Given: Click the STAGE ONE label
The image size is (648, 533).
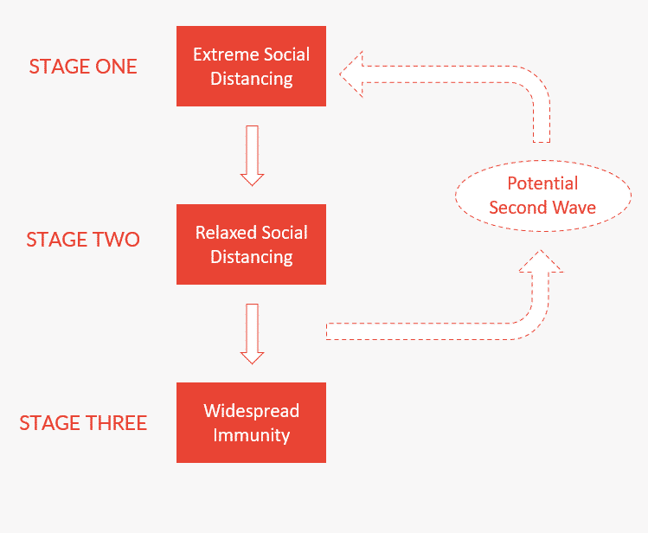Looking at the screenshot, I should pyautogui.click(x=83, y=67).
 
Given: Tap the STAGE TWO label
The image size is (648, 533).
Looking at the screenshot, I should pyautogui.click(x=83, y=240).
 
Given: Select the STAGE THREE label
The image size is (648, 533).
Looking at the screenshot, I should pyautogui.click(x=83, y=423).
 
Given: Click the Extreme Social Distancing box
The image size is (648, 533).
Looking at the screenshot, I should pyautogui.click(x=251, y=67).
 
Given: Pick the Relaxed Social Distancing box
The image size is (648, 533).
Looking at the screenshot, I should pyautogui.click(x=251, y=245).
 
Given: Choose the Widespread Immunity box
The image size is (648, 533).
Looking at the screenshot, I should pyautogui.click(x=251, y=422).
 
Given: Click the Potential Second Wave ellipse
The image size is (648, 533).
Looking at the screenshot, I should pyautogui.click(x=542, y=196).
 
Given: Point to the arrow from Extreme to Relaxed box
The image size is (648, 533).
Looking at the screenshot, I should pyautogui.click(x=252, y=155).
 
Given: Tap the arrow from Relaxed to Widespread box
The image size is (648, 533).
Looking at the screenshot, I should pyautogui.click(x=252, y=333).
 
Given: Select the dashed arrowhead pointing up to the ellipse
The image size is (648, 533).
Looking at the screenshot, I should pyautogui.click(x=542, y=263).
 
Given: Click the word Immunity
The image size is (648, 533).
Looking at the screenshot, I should pyautogui.click(x=251, y=434).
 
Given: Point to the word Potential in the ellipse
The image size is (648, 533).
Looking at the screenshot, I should pyautogui.click(x=542, y=183).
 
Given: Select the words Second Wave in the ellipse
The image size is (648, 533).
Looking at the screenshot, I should pyautogui.click(x=542, y=208).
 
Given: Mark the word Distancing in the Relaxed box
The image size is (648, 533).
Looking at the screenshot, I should pyautogui.click(x=251, y=257).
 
